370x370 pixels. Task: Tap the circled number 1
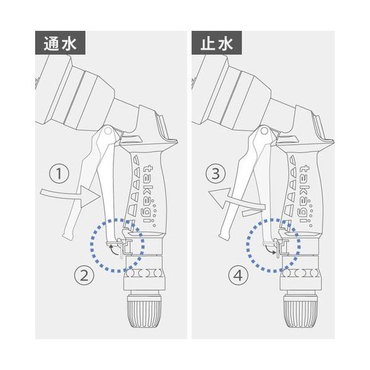[x=59, y=175]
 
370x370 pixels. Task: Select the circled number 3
[x=214, y=175]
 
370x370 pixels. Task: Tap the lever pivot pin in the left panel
[x=109, y=131]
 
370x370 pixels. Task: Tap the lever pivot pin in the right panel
[x=264, y=131]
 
